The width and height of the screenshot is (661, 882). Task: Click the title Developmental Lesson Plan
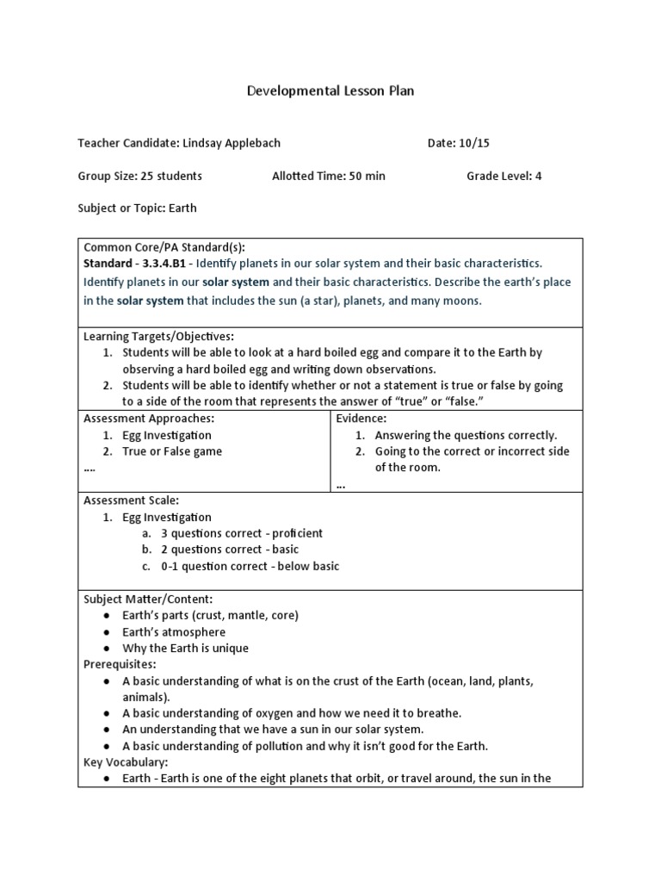[330, 90]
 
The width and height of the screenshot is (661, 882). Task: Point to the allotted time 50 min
[367, 176]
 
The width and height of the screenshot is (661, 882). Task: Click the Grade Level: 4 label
[503, 176]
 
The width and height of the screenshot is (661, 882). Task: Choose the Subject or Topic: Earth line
[137, 208]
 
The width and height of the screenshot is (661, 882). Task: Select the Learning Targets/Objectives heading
[158, 336]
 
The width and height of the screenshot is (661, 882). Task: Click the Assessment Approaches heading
[148, 418]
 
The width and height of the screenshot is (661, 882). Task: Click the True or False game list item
[172, 451]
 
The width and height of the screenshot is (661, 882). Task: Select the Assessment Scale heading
[130, 500]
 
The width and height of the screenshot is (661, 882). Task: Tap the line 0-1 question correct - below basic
[250, 566]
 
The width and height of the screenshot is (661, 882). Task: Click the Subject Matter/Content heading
[147, 599]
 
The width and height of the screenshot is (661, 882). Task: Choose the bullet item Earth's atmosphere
[174, 631]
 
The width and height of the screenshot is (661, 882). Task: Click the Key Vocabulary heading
[125, 762]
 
